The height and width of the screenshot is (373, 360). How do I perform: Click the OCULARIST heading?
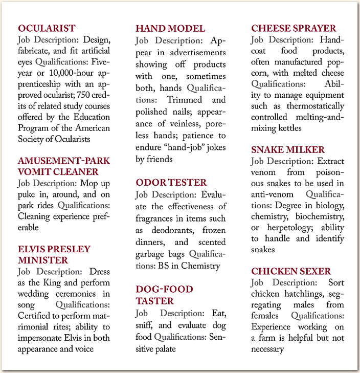[x=47, y=28]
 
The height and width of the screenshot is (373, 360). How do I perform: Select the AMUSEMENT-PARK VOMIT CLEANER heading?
[x=63, y=166]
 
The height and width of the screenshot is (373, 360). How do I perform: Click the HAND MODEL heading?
[x=170, y=28]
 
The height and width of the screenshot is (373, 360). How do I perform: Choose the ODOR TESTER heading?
[x=171, y=183]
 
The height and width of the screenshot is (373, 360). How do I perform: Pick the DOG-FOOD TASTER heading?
[x=164, y=295]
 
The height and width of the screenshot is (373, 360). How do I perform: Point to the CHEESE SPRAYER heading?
[x=294, y=28]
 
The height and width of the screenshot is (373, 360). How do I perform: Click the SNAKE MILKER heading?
[x=287, y=149]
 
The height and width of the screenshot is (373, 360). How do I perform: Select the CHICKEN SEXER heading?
[x=290, y=271]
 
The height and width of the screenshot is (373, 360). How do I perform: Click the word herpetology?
[x=286, y=227]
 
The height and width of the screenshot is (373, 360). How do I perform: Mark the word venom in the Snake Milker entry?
[x=263, y=172]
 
